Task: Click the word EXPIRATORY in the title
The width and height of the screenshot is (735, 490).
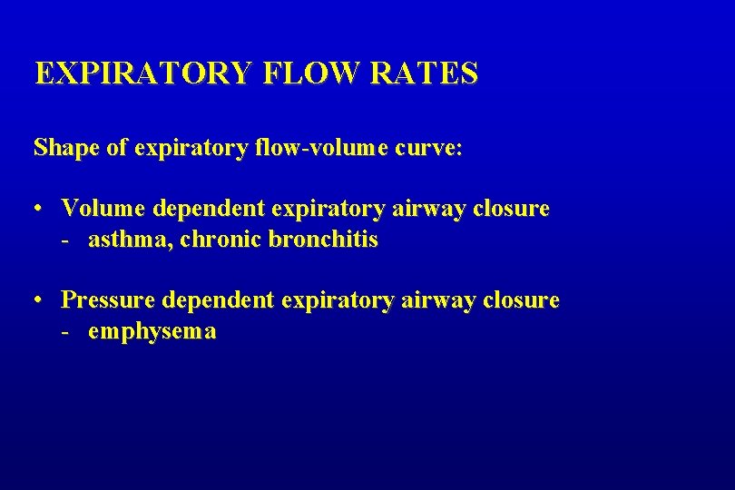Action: point(142,73)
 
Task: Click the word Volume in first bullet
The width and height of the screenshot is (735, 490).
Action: point(103,208)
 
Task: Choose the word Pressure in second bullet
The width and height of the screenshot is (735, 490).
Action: point(108,299)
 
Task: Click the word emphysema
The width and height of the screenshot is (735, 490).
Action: point(152,332)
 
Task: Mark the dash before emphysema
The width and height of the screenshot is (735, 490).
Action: point(65,332)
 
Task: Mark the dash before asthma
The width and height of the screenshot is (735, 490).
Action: point(65,241)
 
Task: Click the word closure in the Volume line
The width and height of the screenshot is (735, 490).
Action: point(512,208)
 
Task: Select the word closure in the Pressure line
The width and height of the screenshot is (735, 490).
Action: point(522,299)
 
